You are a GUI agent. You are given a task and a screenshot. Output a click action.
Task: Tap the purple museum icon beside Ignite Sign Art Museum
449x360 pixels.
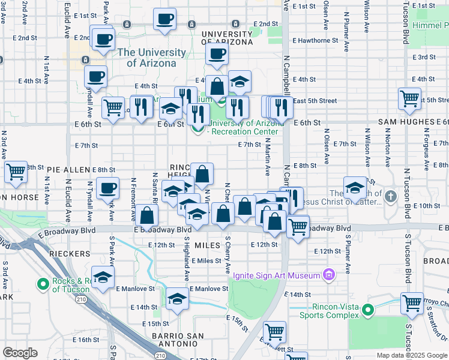coord(328,275)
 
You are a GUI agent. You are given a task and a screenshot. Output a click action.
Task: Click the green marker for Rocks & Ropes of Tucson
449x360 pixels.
coord(43,283)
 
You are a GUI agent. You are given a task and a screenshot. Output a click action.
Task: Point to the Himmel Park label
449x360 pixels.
coord(431,26)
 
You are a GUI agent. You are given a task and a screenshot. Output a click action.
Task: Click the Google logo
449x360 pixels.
coord(20,353)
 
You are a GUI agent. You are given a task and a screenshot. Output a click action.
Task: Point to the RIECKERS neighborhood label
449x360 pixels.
coord(70,254)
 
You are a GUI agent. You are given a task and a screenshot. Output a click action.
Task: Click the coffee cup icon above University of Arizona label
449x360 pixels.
coord(217,55)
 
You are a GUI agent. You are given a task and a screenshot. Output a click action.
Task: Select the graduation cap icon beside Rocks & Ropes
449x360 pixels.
coord(104,278)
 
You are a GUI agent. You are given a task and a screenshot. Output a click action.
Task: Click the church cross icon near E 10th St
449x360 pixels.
coord(390,196)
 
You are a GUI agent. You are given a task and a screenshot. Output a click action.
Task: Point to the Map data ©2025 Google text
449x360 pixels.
coord(411,355)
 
